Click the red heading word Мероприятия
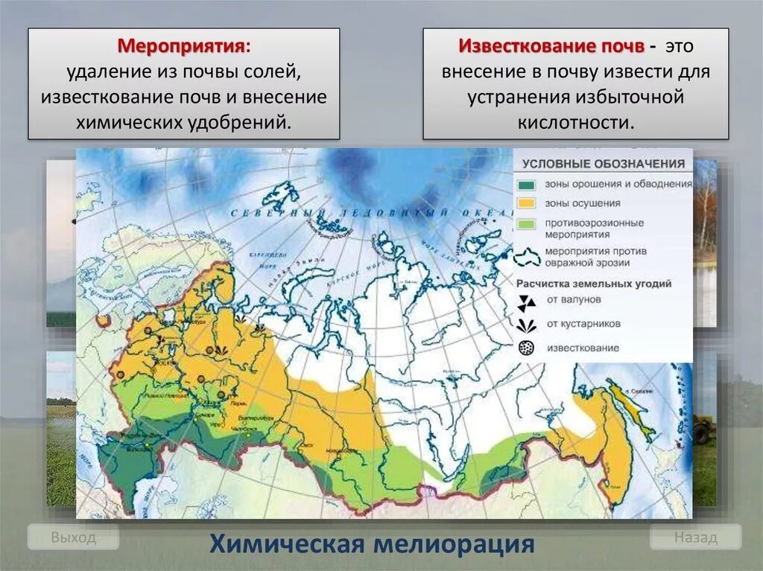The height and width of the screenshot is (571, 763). point(183,46)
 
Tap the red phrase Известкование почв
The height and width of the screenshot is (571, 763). point(551,46)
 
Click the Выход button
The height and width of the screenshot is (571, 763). point(73,537)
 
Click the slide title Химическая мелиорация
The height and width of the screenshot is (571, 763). point(372,544)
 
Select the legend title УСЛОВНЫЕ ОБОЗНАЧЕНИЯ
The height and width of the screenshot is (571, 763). point(603,164)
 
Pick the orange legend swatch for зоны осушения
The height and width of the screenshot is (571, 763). point(526,202)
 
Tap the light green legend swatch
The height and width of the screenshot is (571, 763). point(526,223)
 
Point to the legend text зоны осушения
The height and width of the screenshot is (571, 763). point(583,202)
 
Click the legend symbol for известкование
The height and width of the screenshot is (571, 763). point(526,348)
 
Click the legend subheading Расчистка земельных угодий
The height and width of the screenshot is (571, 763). point(594,284)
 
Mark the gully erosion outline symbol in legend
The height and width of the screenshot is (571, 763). point(527,257)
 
